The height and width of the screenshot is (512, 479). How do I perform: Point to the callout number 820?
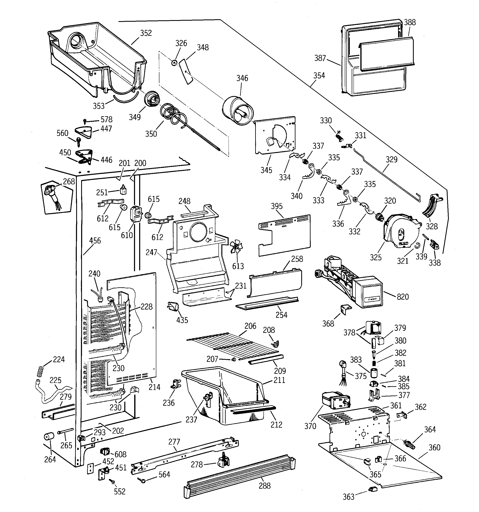(403, 297)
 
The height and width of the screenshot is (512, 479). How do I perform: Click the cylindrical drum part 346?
(238, 110)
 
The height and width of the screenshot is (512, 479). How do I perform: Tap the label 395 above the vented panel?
(277, 206)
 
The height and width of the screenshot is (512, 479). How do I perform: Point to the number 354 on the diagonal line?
(319, 76)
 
